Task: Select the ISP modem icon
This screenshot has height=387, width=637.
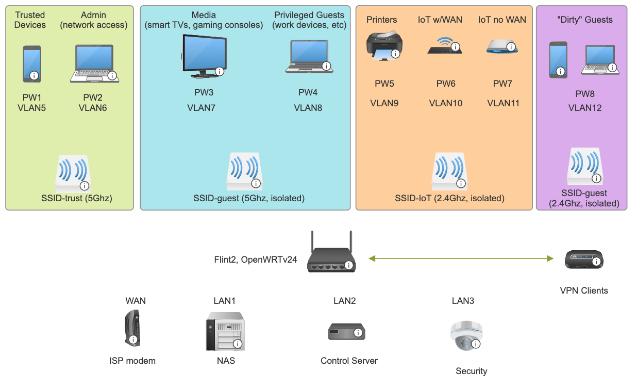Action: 132,329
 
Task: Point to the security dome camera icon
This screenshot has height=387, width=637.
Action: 466,336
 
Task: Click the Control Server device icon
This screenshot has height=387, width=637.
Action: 347,331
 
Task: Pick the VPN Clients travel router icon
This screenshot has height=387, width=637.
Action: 583,259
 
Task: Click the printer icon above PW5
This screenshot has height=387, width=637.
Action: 384,47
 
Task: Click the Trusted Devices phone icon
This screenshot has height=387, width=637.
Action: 31,64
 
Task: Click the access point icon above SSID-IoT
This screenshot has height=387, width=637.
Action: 448,170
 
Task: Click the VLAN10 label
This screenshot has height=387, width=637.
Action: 446,103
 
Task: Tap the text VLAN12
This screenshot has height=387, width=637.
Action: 585,108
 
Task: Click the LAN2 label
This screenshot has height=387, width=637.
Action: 345,301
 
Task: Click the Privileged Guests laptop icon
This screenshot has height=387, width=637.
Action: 308,56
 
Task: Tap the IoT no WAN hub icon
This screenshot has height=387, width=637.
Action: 501,47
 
